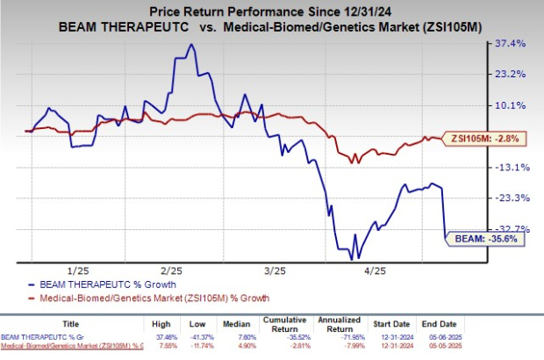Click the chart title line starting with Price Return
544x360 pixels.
coord(272,10)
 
